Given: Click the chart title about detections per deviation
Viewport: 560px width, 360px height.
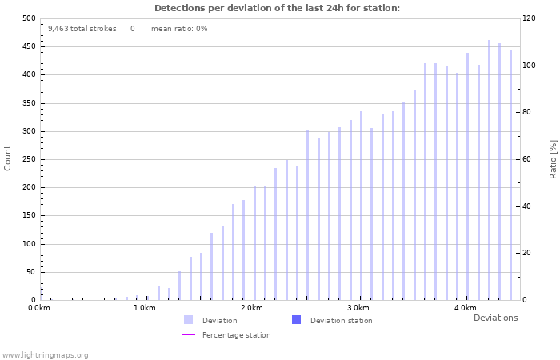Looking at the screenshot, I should click(277, 8).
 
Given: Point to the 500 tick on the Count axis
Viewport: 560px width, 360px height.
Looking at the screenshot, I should click(29, 18).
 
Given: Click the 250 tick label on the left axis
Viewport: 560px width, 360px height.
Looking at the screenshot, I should click(29, 159).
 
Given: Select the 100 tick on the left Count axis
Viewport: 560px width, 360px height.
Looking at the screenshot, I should click(29, 244).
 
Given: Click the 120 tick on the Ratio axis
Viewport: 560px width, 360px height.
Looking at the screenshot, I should click(530, 18).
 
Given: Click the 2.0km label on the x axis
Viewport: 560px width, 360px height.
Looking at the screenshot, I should click(251, 308).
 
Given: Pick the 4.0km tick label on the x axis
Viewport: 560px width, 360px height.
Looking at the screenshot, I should click(465, 308).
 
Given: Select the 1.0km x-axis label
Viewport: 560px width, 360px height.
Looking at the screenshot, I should click(145, 308).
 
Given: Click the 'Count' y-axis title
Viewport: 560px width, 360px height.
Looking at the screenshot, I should click(8, 158).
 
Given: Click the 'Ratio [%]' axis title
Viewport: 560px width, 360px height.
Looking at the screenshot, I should click(553, 158).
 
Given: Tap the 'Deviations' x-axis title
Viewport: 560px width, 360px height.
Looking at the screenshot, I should click(495, 318).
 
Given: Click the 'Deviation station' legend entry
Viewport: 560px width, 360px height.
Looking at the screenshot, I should click(341, 321).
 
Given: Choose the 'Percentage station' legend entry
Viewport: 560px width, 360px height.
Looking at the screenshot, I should click(236, 335).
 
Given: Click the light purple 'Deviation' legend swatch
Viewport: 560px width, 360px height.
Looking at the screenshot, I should click(189, 320).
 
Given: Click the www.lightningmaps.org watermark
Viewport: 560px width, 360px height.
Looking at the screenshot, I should click(45, 354).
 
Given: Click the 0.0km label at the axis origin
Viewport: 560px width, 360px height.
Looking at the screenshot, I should click(39, 308).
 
